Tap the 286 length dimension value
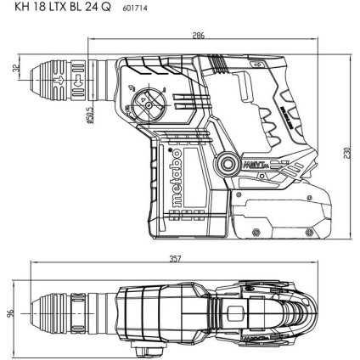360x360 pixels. [x=198, y=37]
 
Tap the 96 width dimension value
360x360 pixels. [x=11, y=314]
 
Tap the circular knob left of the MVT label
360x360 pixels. [x=228, y=163]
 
